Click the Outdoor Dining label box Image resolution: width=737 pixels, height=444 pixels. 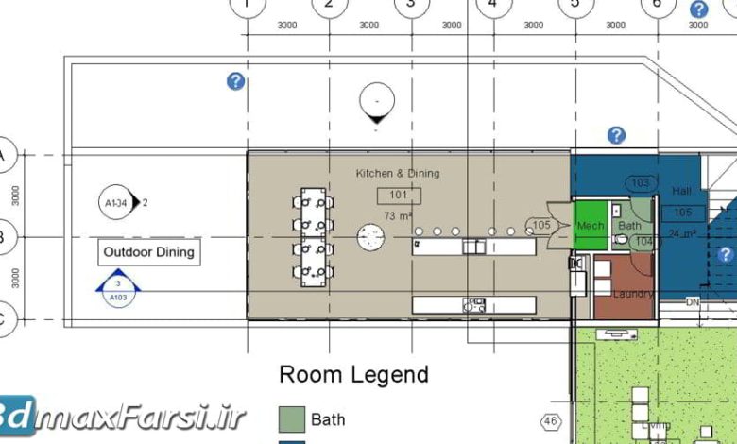pyautogui.click(x=148, y=252)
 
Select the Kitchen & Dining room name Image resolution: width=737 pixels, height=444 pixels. pyautogui.click(x=397, y=174)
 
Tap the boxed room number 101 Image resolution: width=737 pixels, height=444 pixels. pyautogui.click(x=398, y=196)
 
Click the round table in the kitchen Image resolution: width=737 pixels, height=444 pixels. pyautogui.click(x=369, y=236)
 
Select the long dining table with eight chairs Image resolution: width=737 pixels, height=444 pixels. pyautogui.click(x=313, y=237)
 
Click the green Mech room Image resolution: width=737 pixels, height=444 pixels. pyautogui.click(x=591, y=226)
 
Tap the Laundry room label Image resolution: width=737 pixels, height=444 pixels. pyautogui.click(x=632, y=294)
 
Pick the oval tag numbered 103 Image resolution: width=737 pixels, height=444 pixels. pyautogui.click(x=641, y=183)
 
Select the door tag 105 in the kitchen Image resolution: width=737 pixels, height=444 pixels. pyautogui.click(x=540, y=226)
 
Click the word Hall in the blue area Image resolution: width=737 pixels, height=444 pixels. pyautogui.click(x=681, y=191)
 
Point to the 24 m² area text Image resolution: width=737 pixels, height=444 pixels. pyautogui.click(x=682, y=233)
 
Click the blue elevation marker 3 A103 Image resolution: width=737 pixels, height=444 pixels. pyautogui.click(x=117, y=290)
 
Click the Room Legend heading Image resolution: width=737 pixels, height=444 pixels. pyautogui.click(x=352, y=375)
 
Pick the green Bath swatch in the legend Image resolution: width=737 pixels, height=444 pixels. pyautogui.click(x=291, y=418)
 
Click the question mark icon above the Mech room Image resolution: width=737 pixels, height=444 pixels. pyautogui.click(x=616, y=135)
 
